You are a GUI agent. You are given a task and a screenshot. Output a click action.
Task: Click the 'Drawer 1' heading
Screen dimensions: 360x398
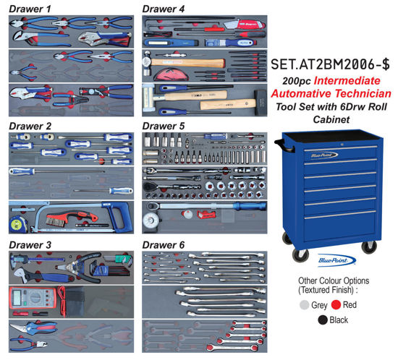[x=29, y=8]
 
